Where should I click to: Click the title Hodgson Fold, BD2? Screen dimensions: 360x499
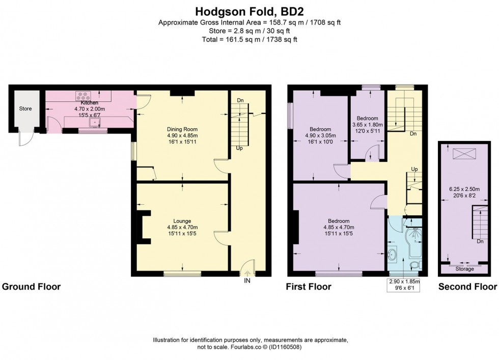point(249,10)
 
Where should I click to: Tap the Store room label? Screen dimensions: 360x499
point(25,108)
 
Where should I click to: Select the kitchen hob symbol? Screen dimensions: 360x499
point(82,95)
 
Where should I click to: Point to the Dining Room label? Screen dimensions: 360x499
point(182,129)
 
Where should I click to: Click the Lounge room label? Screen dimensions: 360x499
point(182,221)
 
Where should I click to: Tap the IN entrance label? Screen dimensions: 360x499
point(247,281)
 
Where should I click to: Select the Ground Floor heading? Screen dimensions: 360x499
point(32,287)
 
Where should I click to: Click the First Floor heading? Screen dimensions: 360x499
point(309,287)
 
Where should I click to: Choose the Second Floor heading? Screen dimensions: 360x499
point(467,287)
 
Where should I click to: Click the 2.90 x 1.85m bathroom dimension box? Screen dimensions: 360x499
point(404,284)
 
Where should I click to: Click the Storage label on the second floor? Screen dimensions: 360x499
point(464,269)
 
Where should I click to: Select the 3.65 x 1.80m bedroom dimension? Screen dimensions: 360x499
point(368,124)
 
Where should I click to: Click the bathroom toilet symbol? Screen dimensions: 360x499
point(415,265)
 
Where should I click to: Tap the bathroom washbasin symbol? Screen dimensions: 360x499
point(394,254)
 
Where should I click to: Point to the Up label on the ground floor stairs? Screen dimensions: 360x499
point(239,148)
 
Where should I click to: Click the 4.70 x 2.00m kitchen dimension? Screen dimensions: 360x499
point(90,108)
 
